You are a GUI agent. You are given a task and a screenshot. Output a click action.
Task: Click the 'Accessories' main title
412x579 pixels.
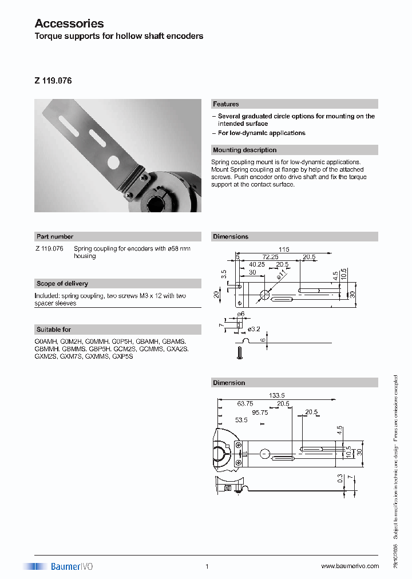(69, 23)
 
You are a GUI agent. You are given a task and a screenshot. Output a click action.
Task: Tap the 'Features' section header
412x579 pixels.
(226, 104)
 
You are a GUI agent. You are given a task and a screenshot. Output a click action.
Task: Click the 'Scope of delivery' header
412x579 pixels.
(62, 283)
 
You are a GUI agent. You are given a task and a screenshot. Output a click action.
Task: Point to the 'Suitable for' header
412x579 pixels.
(54, 330)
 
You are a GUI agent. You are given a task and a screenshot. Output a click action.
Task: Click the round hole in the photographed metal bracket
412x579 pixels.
(114, 162)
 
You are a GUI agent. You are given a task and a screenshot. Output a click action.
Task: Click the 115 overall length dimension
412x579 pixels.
(284, 249)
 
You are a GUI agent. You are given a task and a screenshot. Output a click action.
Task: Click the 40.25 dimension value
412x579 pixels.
(257, 265)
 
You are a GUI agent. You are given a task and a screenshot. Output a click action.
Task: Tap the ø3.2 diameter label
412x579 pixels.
(255, 328)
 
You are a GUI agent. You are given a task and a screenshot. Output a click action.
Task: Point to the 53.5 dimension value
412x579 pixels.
(241, 420)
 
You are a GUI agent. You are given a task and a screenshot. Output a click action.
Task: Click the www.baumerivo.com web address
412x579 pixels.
(350, 566)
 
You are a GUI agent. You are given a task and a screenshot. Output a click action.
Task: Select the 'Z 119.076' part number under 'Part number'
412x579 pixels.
(49, 249)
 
